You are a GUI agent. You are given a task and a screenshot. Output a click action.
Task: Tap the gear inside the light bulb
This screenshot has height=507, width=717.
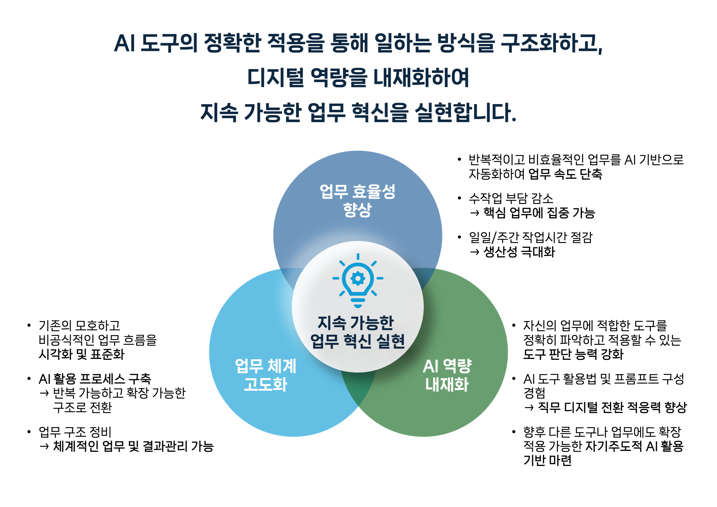coord(358,278)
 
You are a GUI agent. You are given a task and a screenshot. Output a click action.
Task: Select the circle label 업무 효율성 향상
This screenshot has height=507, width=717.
coord(358,200)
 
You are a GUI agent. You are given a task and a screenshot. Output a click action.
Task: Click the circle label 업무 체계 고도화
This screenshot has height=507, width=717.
coord(265,375)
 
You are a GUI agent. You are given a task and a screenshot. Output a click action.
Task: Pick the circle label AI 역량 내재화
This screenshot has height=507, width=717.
coord(447,375)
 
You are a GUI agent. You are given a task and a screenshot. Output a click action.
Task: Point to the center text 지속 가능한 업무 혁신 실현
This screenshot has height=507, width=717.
coord(358,332)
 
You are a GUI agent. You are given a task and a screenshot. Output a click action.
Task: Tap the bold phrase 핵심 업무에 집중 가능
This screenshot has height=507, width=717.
coord(539,213)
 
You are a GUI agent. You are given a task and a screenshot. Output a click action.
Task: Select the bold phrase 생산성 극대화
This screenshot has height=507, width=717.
coord(519,252)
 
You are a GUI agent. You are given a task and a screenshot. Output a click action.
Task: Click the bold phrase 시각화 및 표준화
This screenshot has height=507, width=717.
coord(82,354)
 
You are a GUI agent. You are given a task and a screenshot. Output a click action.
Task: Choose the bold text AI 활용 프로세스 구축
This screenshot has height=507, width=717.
coord(95,379)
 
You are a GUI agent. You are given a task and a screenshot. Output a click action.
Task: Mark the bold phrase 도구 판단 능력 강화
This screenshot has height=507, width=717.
coord(573,354)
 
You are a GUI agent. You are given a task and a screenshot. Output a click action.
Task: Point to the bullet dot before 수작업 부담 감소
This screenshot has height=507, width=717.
coord(459,198)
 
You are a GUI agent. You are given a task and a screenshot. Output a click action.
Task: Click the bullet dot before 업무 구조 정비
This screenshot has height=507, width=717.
coord(29,432)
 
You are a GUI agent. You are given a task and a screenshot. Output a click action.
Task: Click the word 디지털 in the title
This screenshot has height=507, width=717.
coord(276,77)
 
